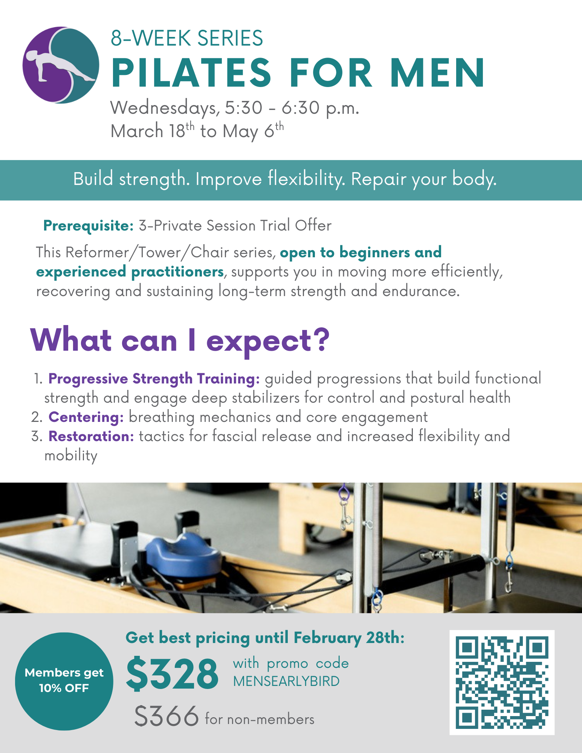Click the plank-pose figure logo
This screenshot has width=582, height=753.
(61, 65)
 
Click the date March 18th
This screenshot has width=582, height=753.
(152, 131)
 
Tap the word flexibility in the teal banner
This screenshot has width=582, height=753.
(306, 179)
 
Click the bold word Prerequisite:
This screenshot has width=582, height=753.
(89, 226)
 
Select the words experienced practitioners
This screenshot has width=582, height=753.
(130, 272)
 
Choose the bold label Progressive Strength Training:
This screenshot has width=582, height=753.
(154, 379)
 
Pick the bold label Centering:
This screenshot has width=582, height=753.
(86, 417)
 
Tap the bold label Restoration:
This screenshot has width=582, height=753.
(91, 436)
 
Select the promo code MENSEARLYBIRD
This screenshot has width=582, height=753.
(286, 681)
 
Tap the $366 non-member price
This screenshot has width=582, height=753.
(167, 716)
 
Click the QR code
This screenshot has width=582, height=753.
(502, 682)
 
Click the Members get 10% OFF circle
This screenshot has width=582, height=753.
(64, 681)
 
